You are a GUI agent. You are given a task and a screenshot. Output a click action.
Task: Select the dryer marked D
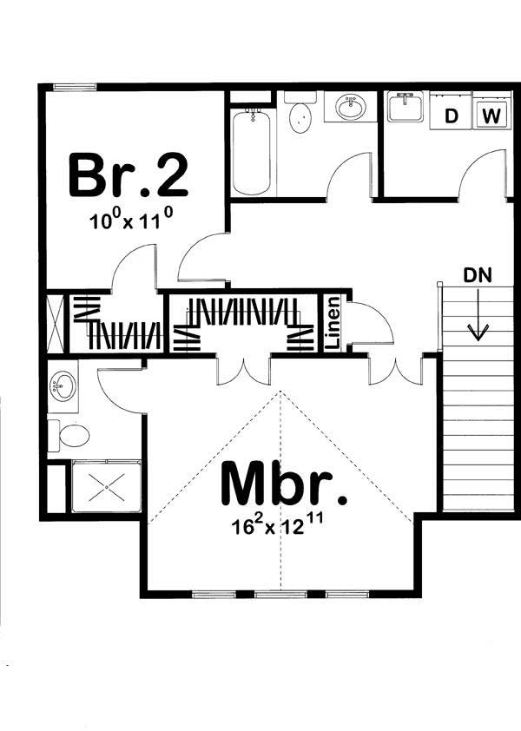pos(451,115)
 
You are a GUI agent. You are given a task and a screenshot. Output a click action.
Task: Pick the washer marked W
pos(491,115)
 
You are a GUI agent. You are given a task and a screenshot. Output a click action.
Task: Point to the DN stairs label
pos(477,277)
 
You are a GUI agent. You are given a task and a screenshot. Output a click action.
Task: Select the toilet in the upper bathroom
pos(300,115)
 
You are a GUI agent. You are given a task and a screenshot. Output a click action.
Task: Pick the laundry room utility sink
pos(406,109)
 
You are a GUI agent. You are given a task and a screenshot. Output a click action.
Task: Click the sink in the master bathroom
pos(63,384)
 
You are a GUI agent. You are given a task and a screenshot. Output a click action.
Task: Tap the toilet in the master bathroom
pos(68,434)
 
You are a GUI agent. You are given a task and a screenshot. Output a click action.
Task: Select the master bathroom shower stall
pos(104,488)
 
